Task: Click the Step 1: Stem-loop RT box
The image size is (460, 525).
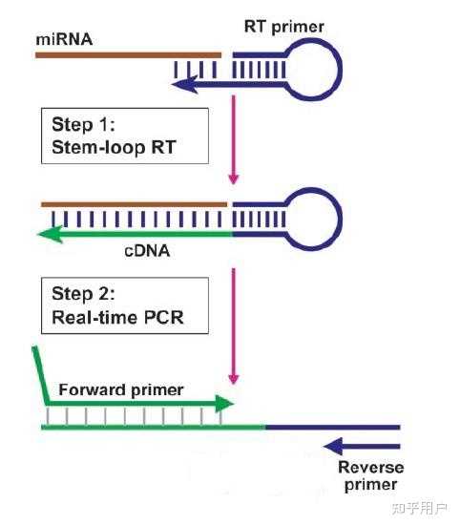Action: [x=124, y=136]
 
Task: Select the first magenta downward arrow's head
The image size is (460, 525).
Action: [x=233, y=178]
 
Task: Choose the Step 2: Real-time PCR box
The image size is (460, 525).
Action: [x=124, y=305]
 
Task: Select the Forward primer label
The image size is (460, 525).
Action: [x=121, y=389]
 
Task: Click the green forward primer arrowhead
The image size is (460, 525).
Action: [x=224, y=404]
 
